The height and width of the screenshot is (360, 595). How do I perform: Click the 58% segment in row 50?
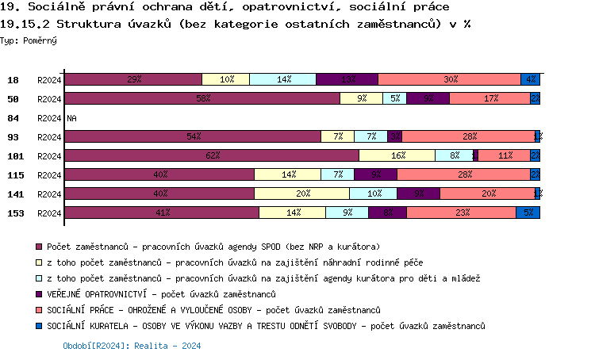tap(202, 98)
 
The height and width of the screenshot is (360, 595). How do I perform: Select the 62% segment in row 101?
tap(212, 155)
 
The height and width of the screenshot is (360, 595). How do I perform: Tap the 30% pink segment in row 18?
tap(450, 79)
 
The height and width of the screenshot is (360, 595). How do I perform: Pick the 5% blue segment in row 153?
tap(528, 213)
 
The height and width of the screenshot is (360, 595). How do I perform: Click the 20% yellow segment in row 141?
tap(301, 193)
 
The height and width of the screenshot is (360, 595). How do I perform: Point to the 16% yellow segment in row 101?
tap(397, 155)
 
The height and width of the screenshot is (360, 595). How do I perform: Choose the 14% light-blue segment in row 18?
tap(282, 79)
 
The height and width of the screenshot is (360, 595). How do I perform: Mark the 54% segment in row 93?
tap(193, 136)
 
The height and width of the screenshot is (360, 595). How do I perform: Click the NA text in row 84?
tap(71, 118)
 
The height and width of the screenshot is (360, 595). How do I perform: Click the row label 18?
tap(13, 80)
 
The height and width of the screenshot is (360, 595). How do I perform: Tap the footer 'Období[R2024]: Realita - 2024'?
tap(132, 346)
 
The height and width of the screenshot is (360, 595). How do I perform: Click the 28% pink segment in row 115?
tap(463, 174)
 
